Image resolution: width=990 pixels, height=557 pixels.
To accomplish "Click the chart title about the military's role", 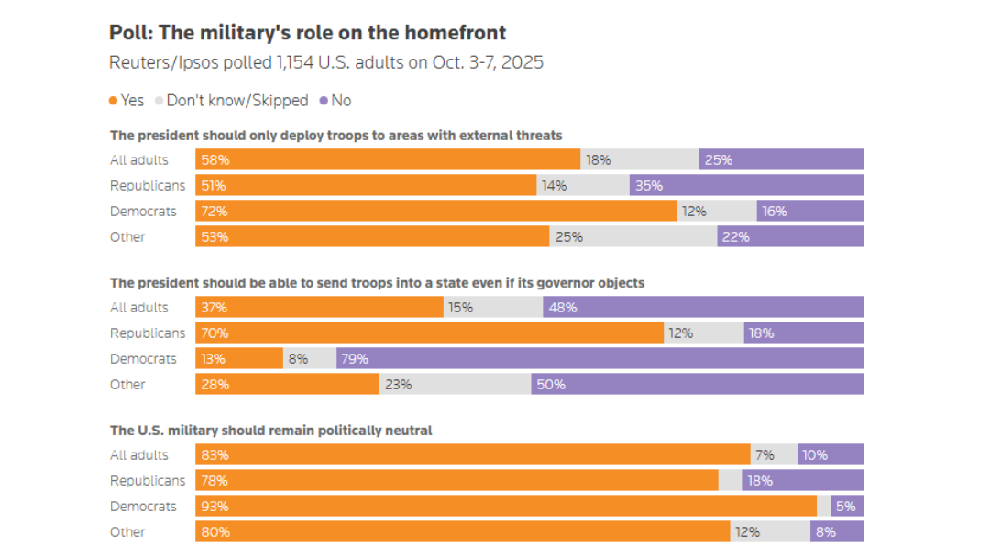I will tap(307, 33).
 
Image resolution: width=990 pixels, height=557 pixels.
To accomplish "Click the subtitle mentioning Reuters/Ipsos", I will tap(326, 63).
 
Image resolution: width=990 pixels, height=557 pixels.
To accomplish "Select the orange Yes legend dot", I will tap(114, 101).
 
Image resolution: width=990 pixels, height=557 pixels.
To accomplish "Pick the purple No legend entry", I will tap(335, 101).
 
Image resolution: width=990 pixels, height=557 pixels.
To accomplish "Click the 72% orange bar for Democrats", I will tap(435, 211).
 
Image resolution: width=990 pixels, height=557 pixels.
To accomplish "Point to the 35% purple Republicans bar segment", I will tap(746, 185).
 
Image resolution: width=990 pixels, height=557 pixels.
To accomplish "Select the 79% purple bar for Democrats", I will tap(599, 358).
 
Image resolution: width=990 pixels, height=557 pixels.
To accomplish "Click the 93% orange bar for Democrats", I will tap(505, 506).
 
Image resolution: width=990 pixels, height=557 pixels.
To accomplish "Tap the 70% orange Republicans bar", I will tap(429, 333).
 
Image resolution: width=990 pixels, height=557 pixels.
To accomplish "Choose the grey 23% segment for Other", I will tap(455, 384).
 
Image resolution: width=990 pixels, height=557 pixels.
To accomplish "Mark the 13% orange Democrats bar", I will tap(238, 358).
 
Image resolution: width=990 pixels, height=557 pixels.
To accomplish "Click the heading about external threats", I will tap(335, 136).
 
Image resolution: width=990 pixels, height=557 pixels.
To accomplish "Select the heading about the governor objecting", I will tap(377, 283).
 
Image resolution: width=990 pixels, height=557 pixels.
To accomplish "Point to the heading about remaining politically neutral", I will tap(270, 431).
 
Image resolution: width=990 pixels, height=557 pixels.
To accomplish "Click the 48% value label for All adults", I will tap(563, 308).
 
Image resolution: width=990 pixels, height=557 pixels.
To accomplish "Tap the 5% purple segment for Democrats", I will tap(847, 506).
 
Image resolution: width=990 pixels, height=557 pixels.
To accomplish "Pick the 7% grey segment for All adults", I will tap(774, 454).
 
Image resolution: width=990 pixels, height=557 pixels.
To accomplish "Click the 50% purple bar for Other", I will tap(697, 384).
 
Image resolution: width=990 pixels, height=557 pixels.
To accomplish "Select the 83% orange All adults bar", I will tap(472, 454).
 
